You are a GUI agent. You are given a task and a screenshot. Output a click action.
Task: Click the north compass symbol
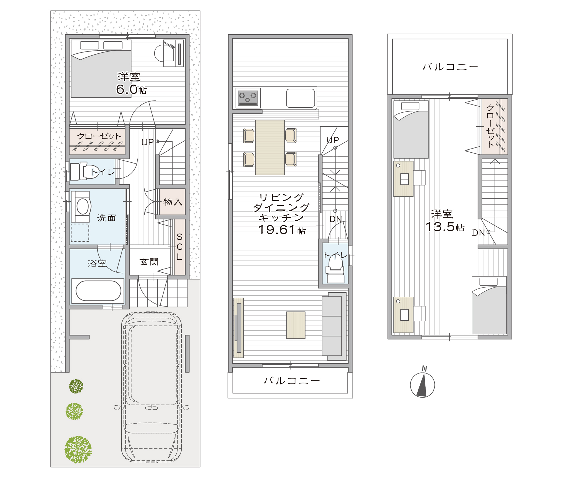point(422,384)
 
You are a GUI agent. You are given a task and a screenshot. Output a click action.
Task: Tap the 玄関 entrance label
point(149,262)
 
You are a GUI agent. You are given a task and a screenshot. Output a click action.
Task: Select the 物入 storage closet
point(172,202)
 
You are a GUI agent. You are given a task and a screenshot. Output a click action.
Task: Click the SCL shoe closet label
point(180,247)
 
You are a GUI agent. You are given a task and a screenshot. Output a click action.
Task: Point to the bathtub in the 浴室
point(98,291)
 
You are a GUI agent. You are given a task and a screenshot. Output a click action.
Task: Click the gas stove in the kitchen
point(248,98)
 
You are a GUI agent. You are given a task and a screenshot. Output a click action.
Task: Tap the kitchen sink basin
point(301,98)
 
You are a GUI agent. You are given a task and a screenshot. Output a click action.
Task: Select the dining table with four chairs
point(270,147)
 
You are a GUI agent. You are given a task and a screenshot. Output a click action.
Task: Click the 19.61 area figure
point(277,230)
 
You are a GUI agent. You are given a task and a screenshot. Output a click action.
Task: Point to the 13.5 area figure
point(440,227)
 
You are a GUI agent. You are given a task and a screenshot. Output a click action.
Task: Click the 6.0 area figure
point(127,89)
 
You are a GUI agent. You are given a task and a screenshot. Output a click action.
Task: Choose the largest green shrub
point(78,449)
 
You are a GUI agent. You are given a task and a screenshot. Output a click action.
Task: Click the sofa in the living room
point(334,326)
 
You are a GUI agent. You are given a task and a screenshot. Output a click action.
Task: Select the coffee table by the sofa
point(296,325)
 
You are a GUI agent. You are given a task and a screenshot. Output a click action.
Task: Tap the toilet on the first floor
point(84,171)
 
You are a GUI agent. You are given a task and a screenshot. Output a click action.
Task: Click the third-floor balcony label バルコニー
point(450,67)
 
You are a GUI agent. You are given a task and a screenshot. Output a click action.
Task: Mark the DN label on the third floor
point(478,233)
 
